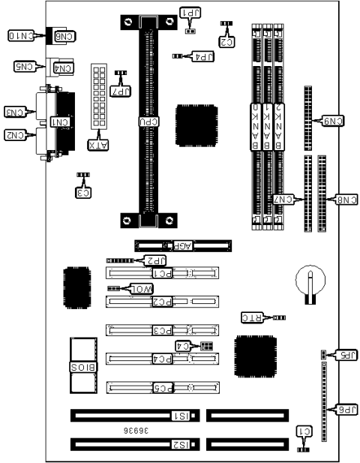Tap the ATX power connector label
coord(97,143)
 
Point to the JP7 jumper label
coord(118,91)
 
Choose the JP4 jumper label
coord(203,56)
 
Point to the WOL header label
coord(142,289)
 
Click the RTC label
coord(250,318)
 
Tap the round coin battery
coord(308,283)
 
